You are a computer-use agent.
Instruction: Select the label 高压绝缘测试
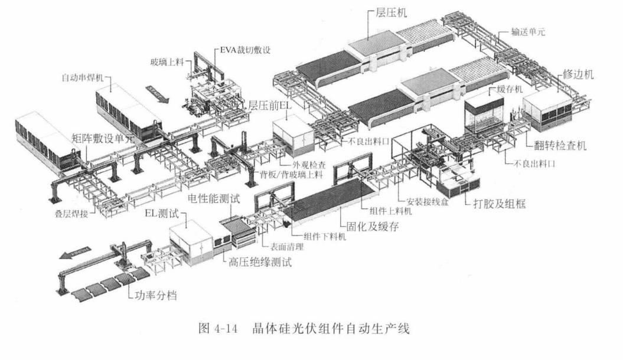[x=260, y=261]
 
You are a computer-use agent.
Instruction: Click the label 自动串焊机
[x=81, y=78]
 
